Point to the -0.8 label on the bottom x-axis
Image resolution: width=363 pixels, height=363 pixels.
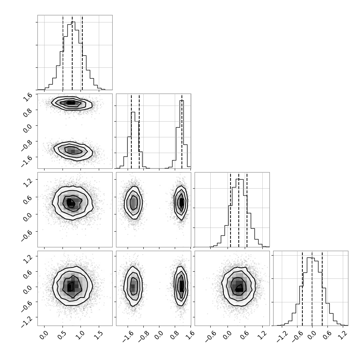143,336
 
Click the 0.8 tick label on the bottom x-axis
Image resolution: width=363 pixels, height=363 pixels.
175,335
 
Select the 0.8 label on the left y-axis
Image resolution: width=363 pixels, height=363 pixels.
28,111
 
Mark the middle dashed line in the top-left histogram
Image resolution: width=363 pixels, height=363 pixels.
72,53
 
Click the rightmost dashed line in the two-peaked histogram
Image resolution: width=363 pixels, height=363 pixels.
182,131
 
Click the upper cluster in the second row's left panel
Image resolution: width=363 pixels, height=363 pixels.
72,103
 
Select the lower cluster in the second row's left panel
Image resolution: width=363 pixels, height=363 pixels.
73,151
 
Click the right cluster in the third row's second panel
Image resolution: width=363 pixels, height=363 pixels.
181,202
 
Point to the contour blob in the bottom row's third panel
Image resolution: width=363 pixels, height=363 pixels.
238,287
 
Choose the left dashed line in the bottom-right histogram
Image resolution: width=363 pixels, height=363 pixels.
302,289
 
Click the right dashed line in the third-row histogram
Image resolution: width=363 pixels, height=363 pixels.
247,210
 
